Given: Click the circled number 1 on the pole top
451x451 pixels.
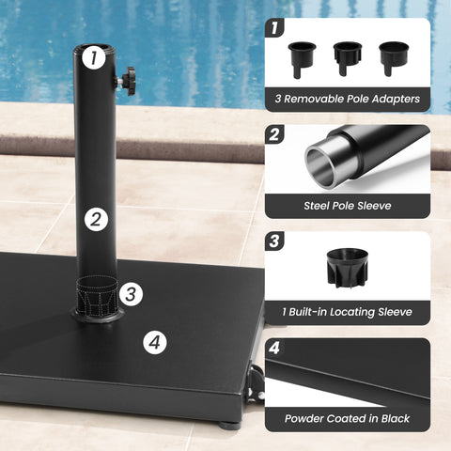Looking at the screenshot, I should [x=92, y=59].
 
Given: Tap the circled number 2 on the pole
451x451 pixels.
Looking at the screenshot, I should [x=94, y=221].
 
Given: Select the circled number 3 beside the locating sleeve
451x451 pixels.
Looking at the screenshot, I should [x=132, y=293].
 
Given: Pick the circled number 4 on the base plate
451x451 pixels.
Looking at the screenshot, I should [x=156, y=342].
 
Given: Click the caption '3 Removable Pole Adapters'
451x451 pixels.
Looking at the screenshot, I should [x=347, y=98].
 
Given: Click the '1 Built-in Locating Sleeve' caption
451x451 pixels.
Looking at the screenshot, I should [x=347, y=311].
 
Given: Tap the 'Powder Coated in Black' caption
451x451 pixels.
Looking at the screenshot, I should [x=347, y=417].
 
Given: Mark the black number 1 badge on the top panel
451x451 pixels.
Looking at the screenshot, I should [x=274, y=28].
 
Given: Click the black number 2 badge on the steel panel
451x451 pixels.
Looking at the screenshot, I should [x=274, y=135].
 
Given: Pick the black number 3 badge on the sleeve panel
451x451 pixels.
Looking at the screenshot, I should [x=274, y=241].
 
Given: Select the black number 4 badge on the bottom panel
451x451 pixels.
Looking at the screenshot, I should [x=274, y=348].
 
